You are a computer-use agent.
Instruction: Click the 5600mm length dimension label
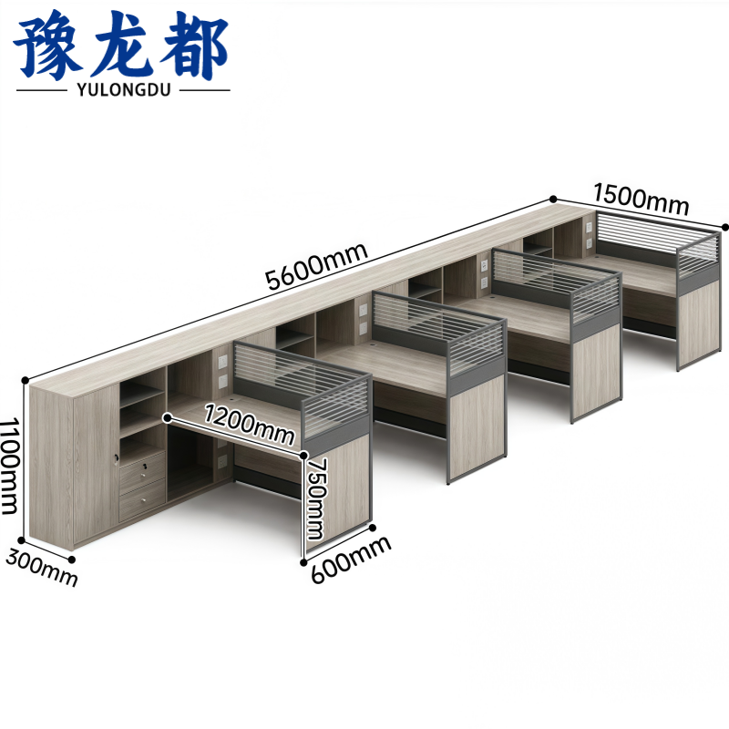pos(316,266)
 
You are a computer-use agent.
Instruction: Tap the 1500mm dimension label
pos(641,199)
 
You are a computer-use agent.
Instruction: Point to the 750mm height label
pos(317,498)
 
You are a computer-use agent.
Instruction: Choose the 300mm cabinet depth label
pos(42,568)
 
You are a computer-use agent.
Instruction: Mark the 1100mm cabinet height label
pos(9,466)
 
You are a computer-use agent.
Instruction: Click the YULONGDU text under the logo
pos(124,88)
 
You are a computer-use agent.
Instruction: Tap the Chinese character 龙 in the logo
pos(122,46)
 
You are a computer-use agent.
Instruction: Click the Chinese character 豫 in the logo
pos(48,46)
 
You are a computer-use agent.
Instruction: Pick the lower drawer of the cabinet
pos(142,499)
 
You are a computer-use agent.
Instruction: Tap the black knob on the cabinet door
pos(116,460)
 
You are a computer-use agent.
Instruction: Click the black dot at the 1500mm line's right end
pos(725,227)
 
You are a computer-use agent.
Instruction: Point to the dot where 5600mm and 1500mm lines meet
pos(553,199)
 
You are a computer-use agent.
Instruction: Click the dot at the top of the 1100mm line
pos(26,380)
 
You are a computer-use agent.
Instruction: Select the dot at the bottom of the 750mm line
pos(303,562)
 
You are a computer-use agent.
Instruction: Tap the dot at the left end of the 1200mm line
pos(168,418)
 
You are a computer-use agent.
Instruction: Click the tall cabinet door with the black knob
pos(96,465)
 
